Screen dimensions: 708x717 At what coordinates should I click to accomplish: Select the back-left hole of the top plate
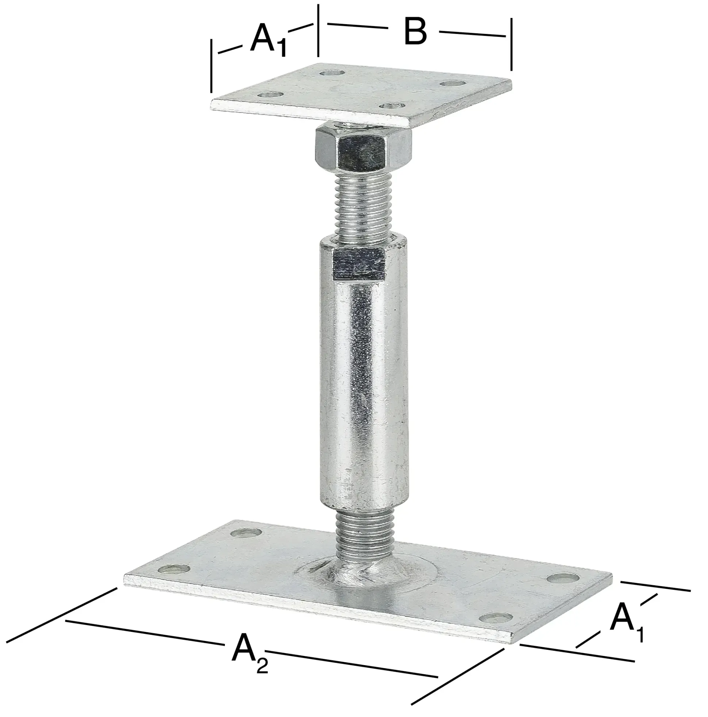[x=332, y=73]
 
